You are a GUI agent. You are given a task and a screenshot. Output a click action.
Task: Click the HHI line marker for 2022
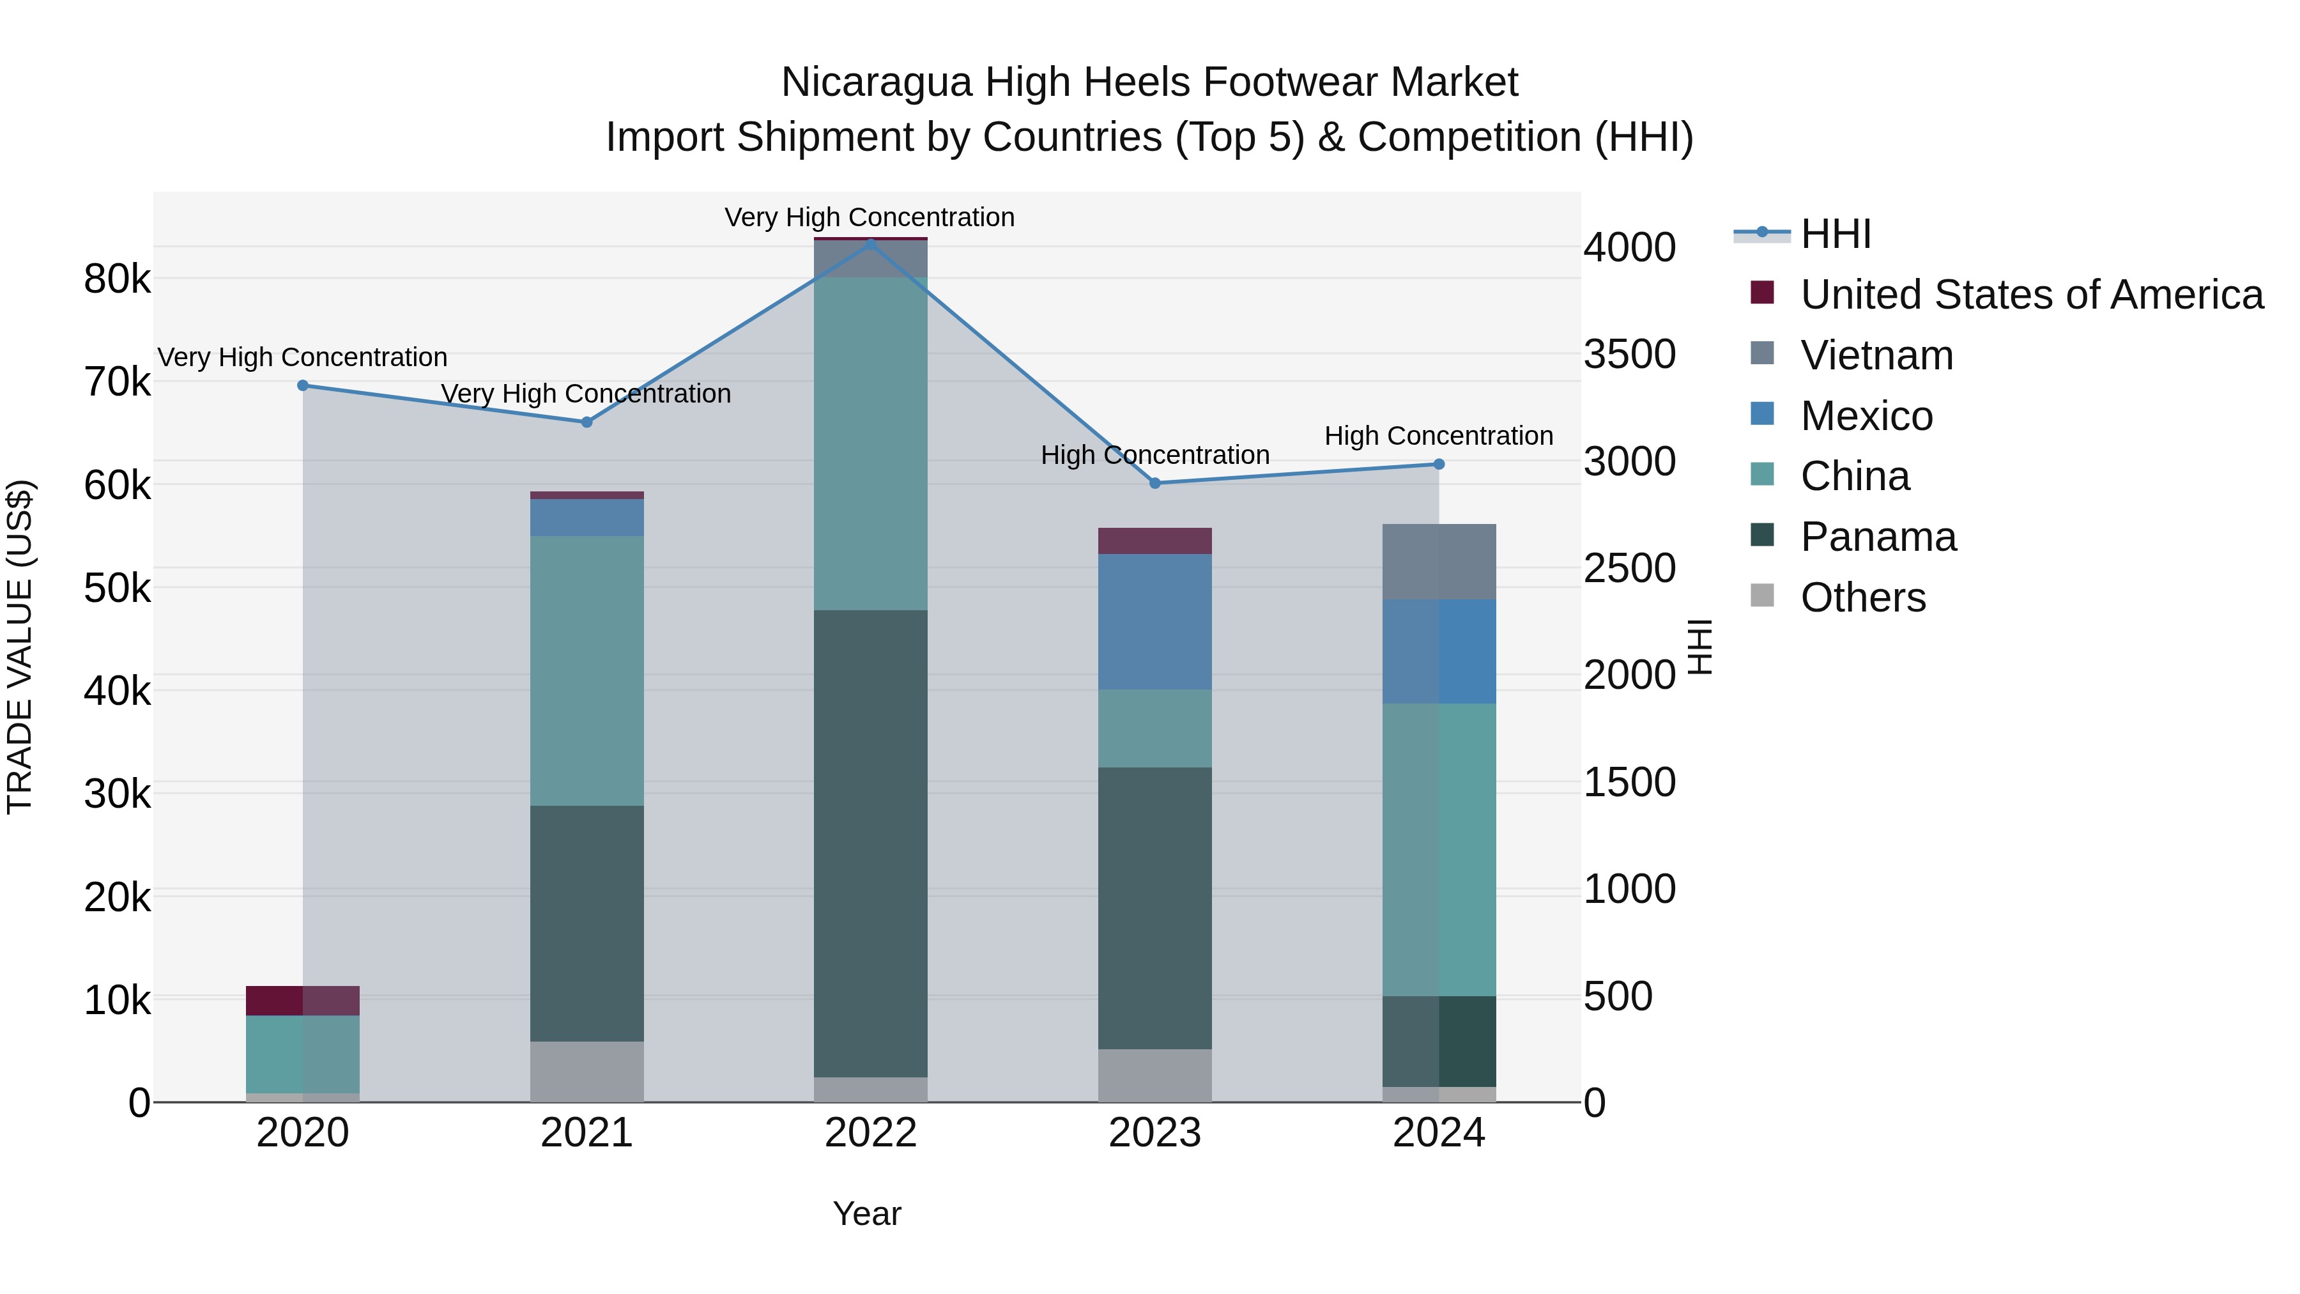(871, 243)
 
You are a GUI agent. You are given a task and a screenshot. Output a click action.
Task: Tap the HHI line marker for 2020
(303, 386)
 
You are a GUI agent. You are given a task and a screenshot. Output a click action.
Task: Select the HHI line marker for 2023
(1154, 483)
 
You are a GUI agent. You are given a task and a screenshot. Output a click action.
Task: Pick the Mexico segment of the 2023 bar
(1154, 622)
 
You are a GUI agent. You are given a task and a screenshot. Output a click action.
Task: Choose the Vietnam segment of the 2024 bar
(1438, 562)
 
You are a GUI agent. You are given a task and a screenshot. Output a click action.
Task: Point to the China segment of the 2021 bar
(586, 671)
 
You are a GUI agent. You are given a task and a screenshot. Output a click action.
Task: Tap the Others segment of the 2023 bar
(1154, 1075)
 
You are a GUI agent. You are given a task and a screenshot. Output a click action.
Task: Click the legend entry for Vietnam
(1877, 355)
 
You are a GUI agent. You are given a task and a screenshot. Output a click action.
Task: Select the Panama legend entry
(1878, 537)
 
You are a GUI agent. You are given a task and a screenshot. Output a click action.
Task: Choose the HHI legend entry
(1836, 234)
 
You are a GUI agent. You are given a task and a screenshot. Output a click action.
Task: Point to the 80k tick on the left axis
(117, 279)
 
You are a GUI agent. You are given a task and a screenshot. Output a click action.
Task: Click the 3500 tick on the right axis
(1629, 355)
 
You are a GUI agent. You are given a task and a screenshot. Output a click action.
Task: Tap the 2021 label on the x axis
(586, 1133)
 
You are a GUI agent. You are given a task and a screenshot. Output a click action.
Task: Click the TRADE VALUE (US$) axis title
(20, 647)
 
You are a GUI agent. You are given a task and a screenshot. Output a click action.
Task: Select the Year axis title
(867, 1213)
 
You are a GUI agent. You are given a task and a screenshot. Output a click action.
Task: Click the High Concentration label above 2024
(1438, 436)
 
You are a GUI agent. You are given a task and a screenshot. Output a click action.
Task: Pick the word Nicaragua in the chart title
(876, 82)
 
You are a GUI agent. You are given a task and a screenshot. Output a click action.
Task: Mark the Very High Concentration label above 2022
(870, 217)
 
